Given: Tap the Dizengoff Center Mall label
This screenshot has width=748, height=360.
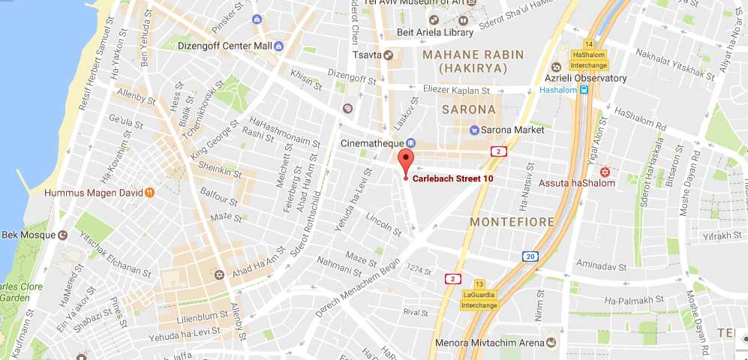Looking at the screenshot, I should (x=214, y=46).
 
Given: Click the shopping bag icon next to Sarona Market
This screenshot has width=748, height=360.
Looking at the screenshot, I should (x=473, y=130).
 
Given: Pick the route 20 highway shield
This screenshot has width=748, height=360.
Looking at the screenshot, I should (x=530, y=256).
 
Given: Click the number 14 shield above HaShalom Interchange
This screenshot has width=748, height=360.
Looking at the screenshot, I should (x=589, y=43).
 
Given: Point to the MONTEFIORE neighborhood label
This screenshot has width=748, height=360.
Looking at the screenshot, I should (x=512, y=222).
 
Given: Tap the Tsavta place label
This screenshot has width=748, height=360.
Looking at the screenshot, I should (x=367, y=55).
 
